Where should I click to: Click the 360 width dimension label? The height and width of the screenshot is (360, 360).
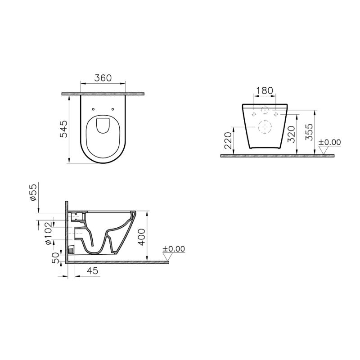tap(103, 78)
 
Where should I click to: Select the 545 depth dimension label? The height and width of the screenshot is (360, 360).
tap(64, 129)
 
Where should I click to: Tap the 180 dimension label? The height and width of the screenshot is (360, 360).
tap(265, 91)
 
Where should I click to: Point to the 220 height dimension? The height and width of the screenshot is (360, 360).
tap(229, 140)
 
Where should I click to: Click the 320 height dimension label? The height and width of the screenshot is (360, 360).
tap(291, 134)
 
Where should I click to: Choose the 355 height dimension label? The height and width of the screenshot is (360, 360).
tap(309, 132)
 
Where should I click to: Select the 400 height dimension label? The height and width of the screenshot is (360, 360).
tap(142, 237)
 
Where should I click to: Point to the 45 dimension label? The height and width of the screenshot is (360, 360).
tap(93, 271)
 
